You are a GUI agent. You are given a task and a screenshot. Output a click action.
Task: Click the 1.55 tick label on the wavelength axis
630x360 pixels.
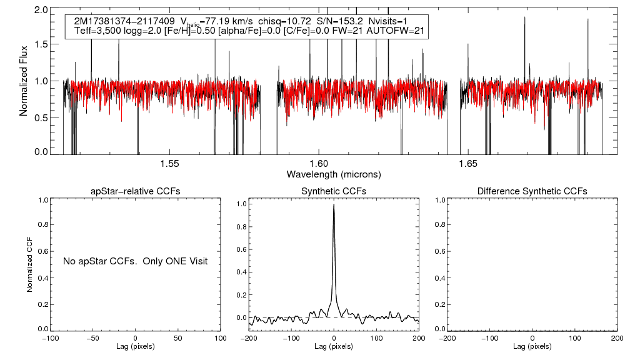click(170, 164)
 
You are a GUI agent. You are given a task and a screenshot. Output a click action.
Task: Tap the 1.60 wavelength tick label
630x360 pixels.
click(319, 164)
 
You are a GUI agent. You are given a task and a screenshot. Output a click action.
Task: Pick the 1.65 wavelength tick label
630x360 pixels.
click(468, 164)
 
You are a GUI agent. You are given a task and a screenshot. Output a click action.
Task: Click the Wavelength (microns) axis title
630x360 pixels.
click(334, 174)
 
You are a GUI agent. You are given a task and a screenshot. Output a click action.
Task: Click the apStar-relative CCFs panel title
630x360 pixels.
click(136, 191)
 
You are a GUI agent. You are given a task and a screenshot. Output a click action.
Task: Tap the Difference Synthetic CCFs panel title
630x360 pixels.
click(532, 191)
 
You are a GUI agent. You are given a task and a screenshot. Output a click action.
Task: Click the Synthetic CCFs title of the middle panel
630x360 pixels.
click(334, 191)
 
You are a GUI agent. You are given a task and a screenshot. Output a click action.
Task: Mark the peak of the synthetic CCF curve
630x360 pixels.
click(334, 204)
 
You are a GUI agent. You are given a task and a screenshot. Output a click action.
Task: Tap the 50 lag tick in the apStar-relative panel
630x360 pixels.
click(178, 337)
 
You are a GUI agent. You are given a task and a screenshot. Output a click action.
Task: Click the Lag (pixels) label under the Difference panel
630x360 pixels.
click(532, 346)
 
